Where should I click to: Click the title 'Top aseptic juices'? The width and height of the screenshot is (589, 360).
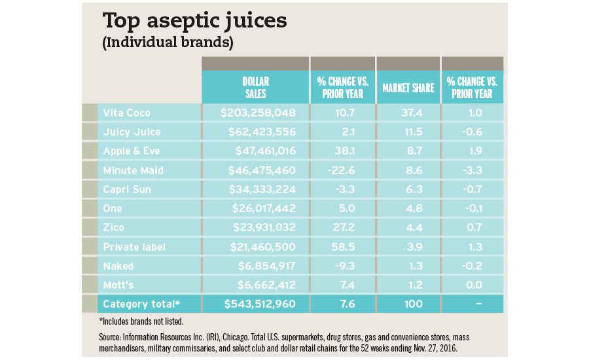pyautogui.click(x=194, y=22)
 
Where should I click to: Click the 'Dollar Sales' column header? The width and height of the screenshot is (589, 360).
pyautogui.click(x=255, y=88)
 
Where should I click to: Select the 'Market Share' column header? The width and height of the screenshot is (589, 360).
pyautogui.click(x=408, y=88)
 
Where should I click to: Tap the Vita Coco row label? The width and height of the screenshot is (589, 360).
pyautogui.click(x=126, y=113)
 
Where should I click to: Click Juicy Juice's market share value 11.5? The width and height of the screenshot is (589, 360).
pyautogui.click(x=407, y=132)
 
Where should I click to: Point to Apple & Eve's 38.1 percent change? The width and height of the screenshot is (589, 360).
pyautogui.click(x=342, y=151)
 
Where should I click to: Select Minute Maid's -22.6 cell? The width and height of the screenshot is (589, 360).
pyautogui.click(x=342, y=170)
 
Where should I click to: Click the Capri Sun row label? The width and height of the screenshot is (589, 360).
pyautogui.click(x=127, y=189)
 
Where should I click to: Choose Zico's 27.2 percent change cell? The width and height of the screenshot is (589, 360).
pyautogui.click(x=342, y=228)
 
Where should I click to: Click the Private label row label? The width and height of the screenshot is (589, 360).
pyautogui.click(x=134, y=247)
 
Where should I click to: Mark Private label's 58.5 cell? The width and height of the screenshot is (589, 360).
pyautogui.click(x=342, y=247)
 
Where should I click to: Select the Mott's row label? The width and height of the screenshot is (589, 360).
pyautogui.click(x=118, y=285)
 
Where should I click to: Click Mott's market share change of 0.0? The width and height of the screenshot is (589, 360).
pyautogui.click(x=472, y=285)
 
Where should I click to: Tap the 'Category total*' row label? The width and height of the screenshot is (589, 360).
pyautogui.click(x=141, y=304)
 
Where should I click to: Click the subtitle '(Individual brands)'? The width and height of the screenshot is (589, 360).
pyautogui.click(x=167, y=44)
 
